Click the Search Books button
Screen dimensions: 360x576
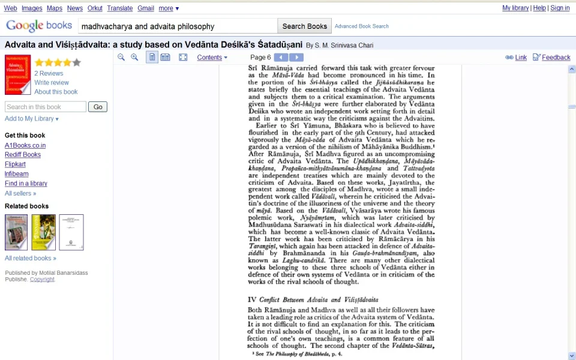click(305, 26)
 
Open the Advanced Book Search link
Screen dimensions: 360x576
click(361, 26)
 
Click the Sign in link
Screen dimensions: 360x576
click(560, 8)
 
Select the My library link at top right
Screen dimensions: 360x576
click(515, 8)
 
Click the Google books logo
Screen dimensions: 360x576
click(40, 26)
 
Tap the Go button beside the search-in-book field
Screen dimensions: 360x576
click(98, 107)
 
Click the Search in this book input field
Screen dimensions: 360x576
click(46, 107)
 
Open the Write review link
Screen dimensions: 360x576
click(52, 83)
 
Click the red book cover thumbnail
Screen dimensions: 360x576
click(17, 75)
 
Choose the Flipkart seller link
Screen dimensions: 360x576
click(15, 164)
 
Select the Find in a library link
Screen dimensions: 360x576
click(26, 184)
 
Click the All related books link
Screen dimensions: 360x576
click(30, 258)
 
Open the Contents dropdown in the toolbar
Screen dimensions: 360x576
click(212, 58)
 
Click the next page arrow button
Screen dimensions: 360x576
click(296, 58)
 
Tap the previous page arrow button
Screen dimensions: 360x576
click(281, 58)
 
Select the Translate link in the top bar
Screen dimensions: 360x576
click(120, 8)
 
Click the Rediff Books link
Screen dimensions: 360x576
click(23, 155)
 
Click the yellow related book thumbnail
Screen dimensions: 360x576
click(44, 232)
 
